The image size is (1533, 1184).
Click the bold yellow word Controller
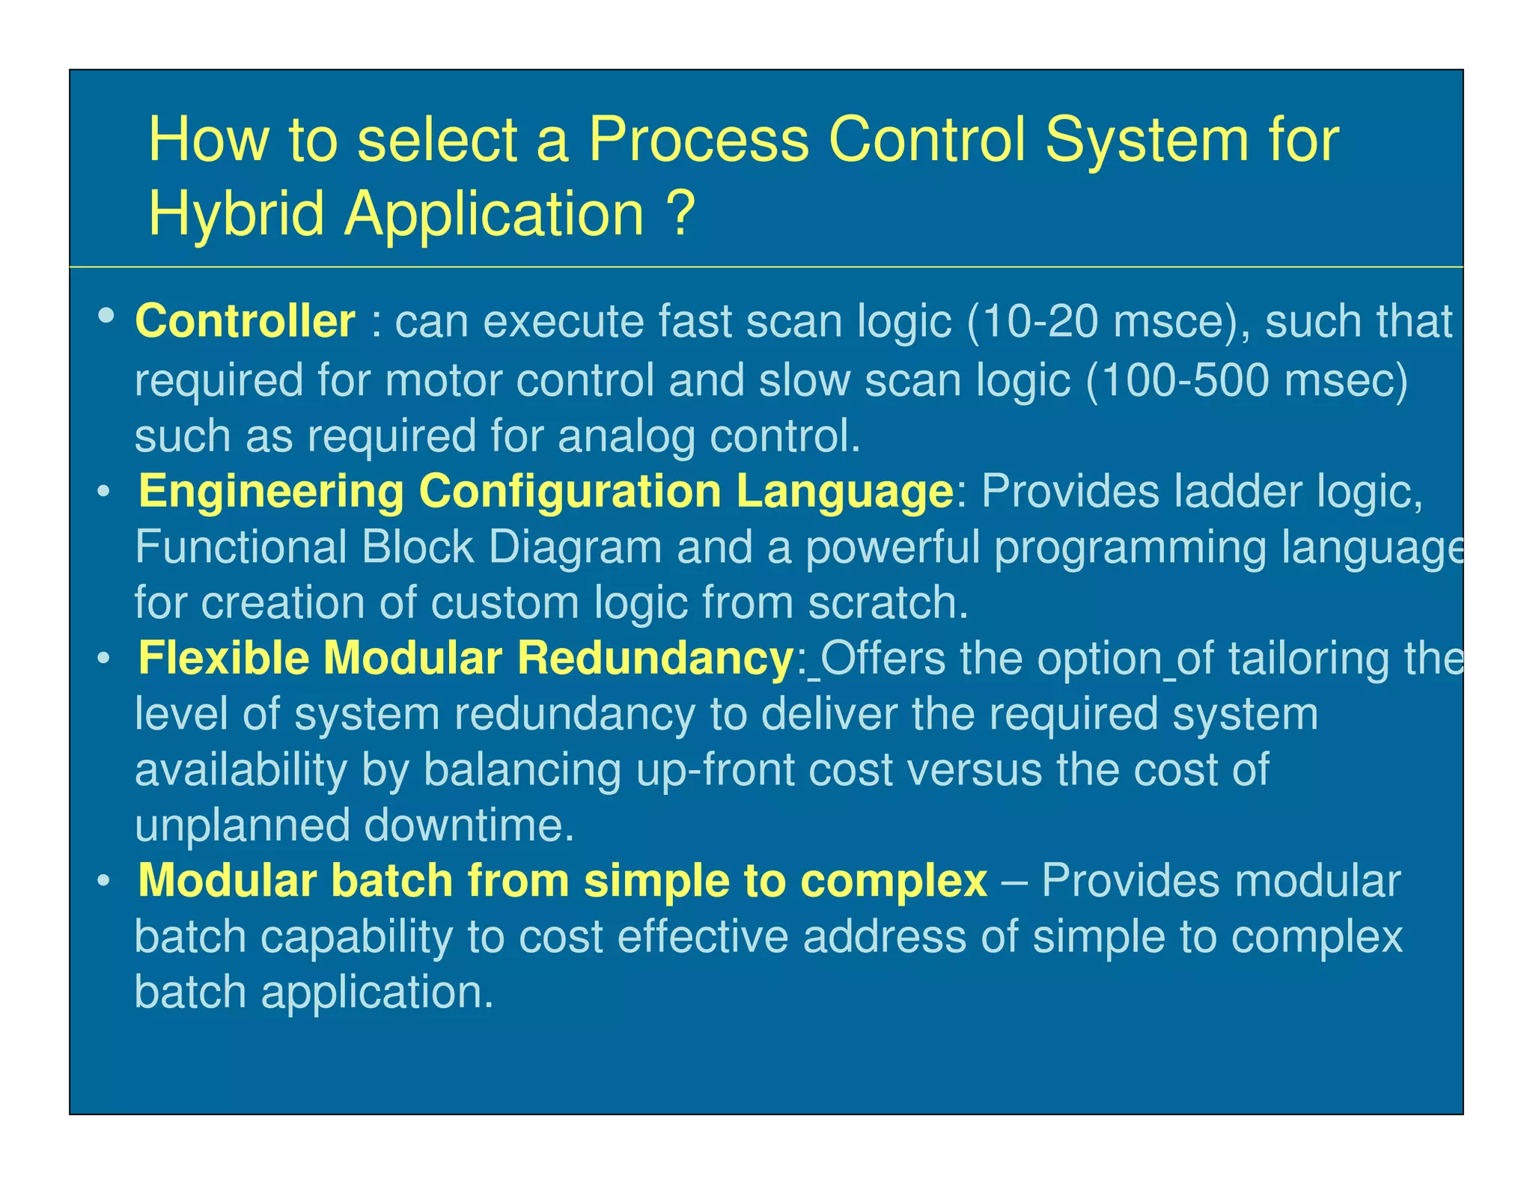(x=245, y=322)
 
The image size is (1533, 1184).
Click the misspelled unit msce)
(x=1180, y=322)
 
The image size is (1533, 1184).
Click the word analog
(x=626, y=436)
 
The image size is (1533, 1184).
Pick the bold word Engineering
(x=271, y=492)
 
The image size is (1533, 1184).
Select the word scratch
(x=887, y=602)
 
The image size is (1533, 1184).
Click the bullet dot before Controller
(x=106, y=315)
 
